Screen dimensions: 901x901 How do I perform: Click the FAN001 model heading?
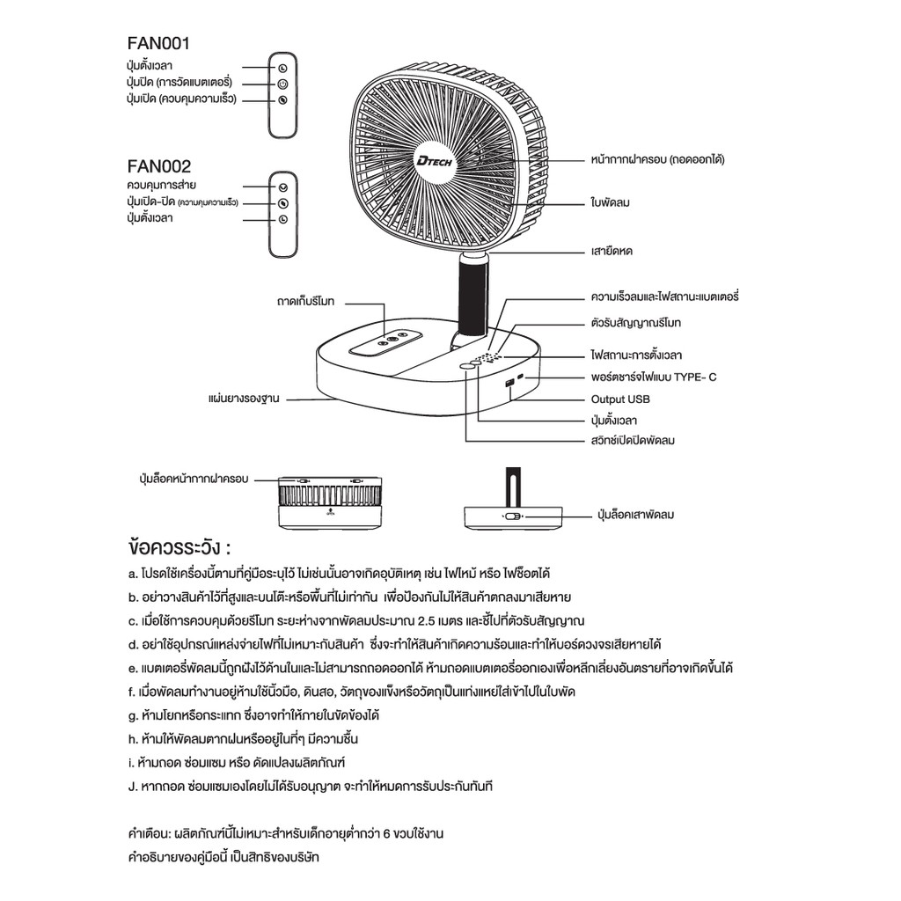coord(159,43)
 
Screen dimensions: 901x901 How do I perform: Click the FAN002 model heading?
coord(159,165)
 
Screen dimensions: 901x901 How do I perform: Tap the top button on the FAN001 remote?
coord(282,68)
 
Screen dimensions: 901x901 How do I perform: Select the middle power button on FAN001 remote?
coord(282,84)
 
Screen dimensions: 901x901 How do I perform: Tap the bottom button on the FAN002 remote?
coord(282,219)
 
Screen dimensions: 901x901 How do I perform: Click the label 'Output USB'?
coord(619,399)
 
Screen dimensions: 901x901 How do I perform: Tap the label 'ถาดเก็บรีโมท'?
coord(311,302)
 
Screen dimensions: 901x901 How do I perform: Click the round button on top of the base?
coord(465,366)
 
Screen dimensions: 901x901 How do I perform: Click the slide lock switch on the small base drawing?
coord(511,516)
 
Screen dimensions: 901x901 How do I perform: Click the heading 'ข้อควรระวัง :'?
coord(179,546)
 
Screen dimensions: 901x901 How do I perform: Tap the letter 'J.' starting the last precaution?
coord(131,786)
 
